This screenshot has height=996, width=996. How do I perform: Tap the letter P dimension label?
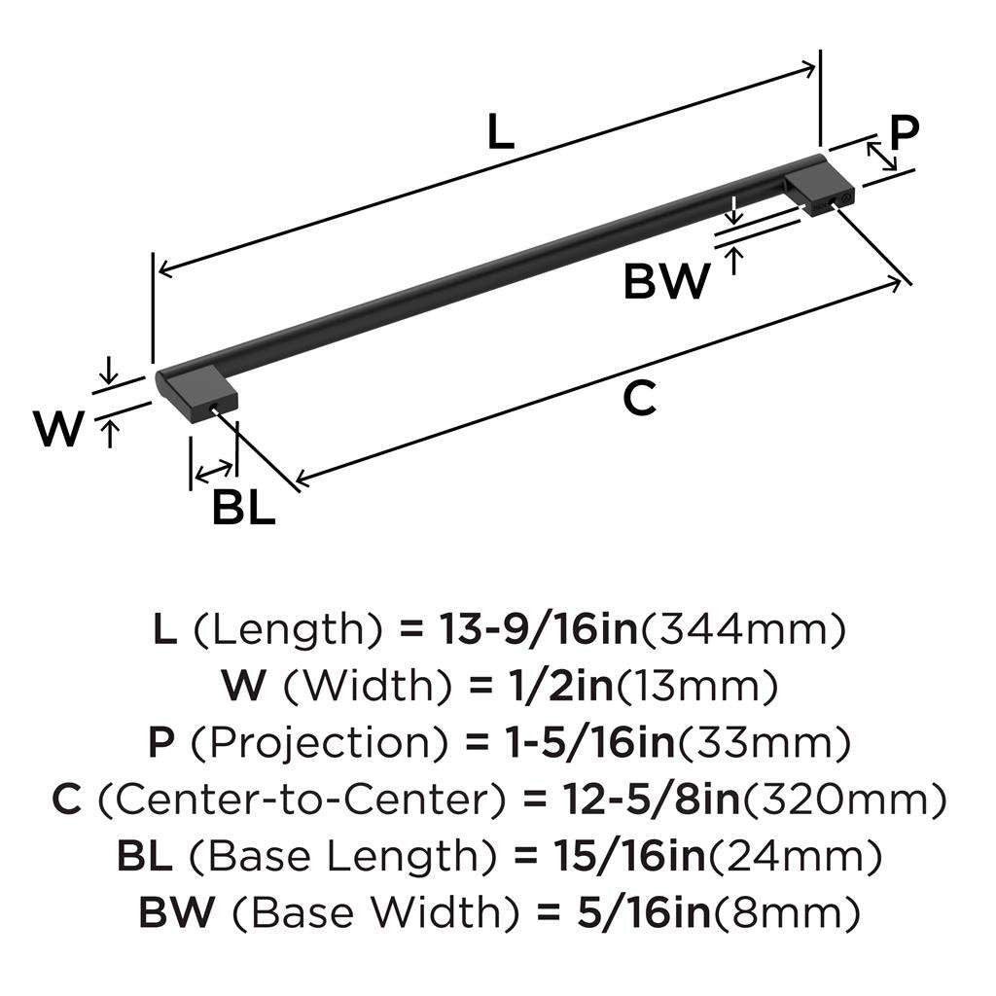pos(904,132)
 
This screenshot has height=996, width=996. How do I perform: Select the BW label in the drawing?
pos(666,281)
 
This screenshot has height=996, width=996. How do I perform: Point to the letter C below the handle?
pos(639,398)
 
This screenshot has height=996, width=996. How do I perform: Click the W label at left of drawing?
pos(59,428)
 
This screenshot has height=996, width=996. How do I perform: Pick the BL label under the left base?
pos(243,508)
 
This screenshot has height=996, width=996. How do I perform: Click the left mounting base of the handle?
pos(196,394)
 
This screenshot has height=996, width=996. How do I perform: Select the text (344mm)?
pos(743,629)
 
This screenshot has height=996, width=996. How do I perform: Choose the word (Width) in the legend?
pos(367,686)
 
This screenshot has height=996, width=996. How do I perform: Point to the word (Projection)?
pos(319,742)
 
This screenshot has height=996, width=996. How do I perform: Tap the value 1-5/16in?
pos(589,742)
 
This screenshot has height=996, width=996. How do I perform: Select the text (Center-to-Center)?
pos(302,799)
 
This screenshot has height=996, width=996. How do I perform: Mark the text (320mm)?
pos(845,799)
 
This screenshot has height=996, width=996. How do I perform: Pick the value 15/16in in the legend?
pos(629,855)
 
